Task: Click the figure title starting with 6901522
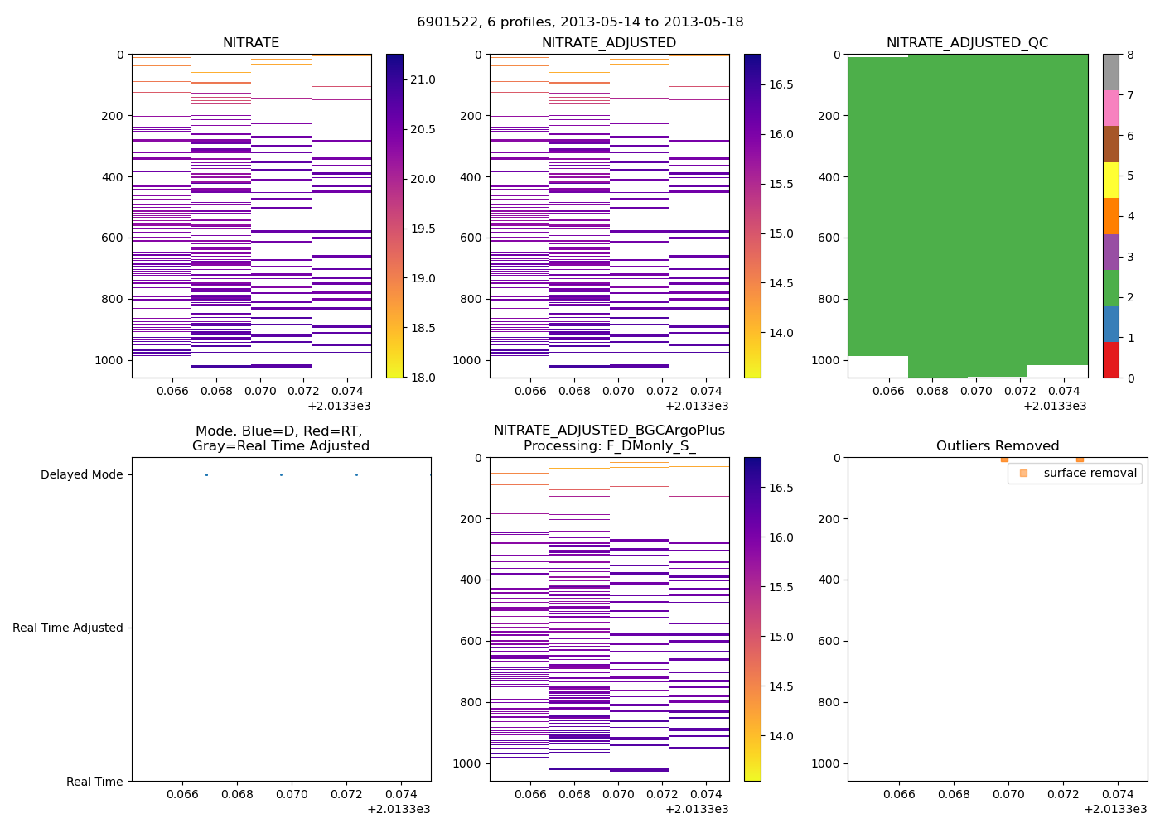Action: [x=580, y=22]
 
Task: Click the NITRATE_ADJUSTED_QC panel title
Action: [x=967, y=43]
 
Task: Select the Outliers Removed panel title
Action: [x=997, y=446]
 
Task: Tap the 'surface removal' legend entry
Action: [x=1090, y=473]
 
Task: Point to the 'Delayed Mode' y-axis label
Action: [x=81, y=474]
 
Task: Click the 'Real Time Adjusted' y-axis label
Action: [x=68, y=628]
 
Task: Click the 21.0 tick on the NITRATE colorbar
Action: [x=423, y=79]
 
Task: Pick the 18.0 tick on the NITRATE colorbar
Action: [x=423, y=378]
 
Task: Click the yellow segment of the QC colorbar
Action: [x=1111, y=180]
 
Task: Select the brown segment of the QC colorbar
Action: [x=1111, y=144]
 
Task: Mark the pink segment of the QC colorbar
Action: [x=1111, y=108]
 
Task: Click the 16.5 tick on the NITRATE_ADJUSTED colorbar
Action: [x=781, y=84]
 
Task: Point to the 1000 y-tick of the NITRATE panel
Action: [x=109, y=360]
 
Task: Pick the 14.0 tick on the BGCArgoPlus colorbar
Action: [x=781, y=736]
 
